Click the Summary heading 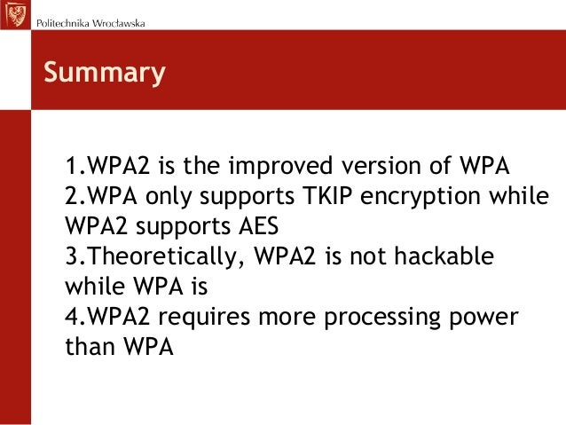click(105, 73)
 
